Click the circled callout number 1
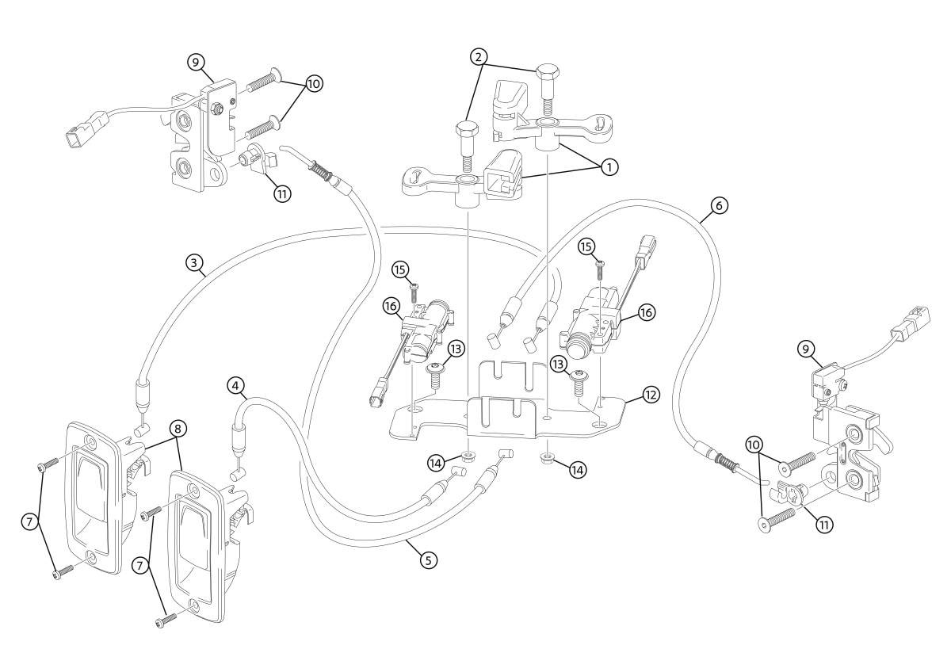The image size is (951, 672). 609,167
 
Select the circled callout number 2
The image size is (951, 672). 479,57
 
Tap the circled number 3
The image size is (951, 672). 194,263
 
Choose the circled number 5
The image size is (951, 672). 429,560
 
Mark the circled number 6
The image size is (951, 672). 719,205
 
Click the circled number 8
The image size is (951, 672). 178,429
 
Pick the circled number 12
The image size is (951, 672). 651,395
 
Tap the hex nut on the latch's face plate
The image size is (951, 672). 217,109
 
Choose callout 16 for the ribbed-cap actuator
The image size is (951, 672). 646,312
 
